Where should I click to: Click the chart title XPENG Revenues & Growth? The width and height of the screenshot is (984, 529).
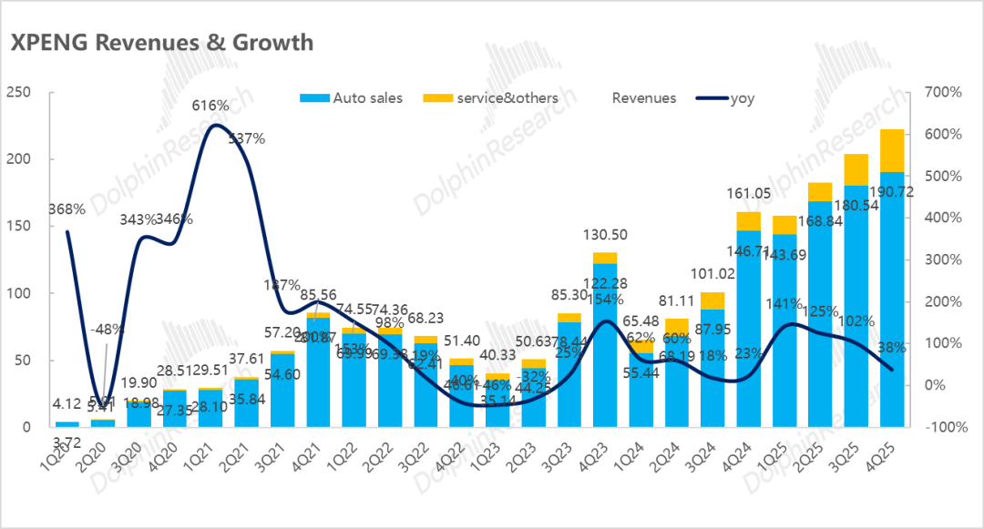point(160,42)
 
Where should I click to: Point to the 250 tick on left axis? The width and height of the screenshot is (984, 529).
point(18,92)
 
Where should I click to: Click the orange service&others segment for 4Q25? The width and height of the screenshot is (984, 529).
point(892,150)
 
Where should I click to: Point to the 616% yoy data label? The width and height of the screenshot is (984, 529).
point(210,106)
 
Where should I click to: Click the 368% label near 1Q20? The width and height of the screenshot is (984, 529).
point(67,209)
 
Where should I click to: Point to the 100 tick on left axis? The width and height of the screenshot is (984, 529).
point(18,293)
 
